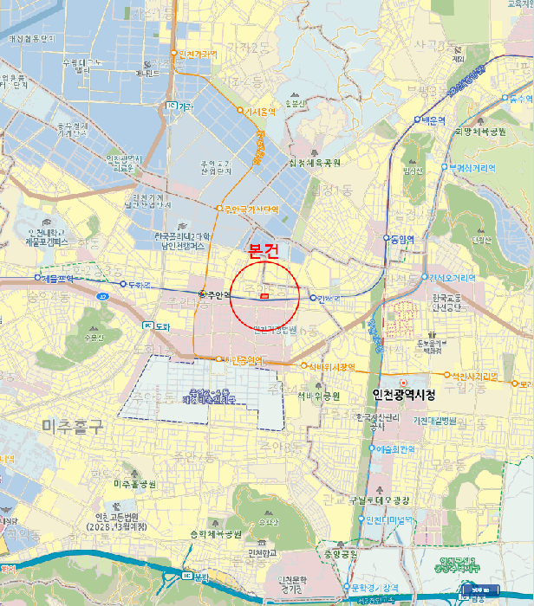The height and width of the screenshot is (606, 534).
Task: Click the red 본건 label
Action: [x=264, y=253]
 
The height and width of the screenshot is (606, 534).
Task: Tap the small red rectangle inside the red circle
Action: [x=264, y=296]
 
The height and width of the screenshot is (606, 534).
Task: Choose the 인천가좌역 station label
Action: [x=197, y=54]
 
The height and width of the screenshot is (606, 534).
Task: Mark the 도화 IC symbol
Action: [x=147, y=326]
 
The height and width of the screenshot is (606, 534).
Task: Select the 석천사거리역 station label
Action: [x=473, y=377]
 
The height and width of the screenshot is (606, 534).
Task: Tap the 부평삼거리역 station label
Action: [x=472, y=167]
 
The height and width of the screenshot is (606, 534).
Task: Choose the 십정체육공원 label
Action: [x=315, y=163]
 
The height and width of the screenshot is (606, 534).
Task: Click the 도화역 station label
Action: [x=140, y=284]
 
